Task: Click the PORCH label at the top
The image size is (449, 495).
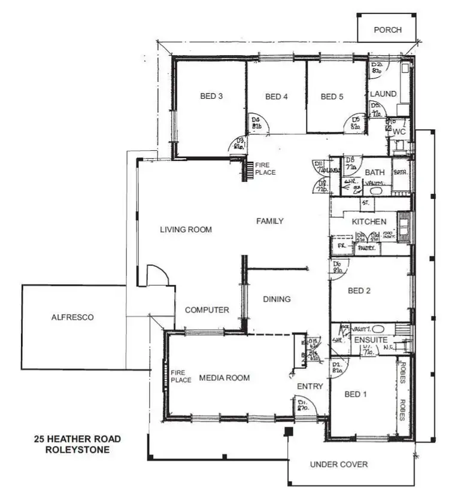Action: pyautogui.click(x=387, y=30)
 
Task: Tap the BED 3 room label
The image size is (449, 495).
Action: pyautogui.click(x=212, y=96)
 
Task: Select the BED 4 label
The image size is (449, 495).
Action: pyautogui.click(x=277, y=96)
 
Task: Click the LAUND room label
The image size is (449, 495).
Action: pyautogui.click(x=383, y=94)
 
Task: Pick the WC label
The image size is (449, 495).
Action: pyautogui.click(x=400, y=131)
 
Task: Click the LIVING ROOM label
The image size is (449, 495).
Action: pyautogui.click(x=186, y=229)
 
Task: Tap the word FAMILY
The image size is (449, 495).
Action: pyautogui.click(x=270, y=221)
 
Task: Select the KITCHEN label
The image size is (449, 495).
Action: pyautogui.click(x=369, y=221)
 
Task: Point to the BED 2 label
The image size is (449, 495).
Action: pyautogui.click(x=360, y=291)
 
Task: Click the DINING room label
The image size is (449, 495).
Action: pyautogui.click(x=277, y=299)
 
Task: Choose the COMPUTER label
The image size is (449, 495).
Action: pyautogui.click(x=207, y=310)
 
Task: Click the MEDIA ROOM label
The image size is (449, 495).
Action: pyautogui.click(x=224, y=378)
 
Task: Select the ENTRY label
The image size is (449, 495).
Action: pyautogui.click(x=310, y=387)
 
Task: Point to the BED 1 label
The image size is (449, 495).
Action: pyautogui.click(x=356, y=394)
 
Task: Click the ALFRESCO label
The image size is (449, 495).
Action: pyautogui.click(x=72, y=318)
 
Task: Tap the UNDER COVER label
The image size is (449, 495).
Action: pyautogui.click(x=339, y=464)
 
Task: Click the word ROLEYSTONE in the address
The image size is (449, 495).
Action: pyautogui.click(x=77, y=450)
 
